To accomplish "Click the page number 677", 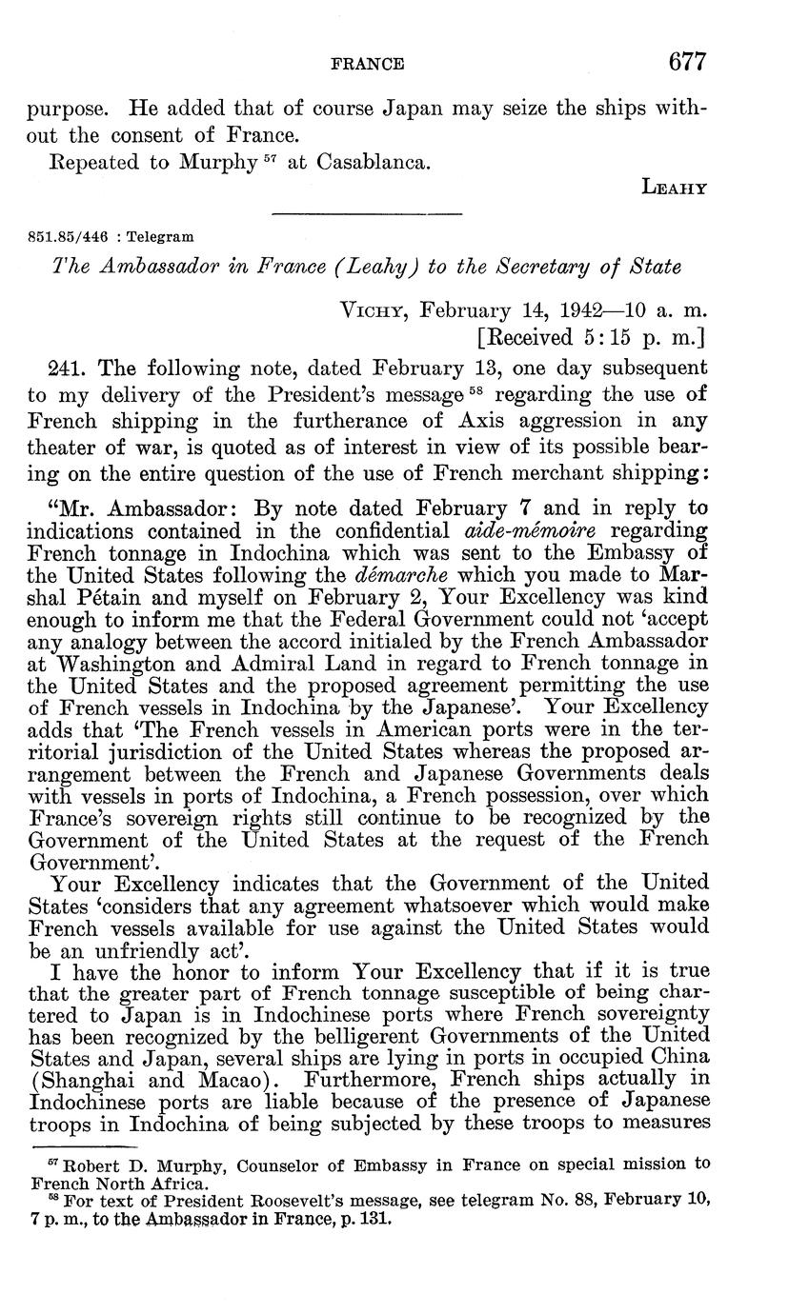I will point(687,63).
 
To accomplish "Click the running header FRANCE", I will point(367,65).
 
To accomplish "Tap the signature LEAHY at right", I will point(675,189).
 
